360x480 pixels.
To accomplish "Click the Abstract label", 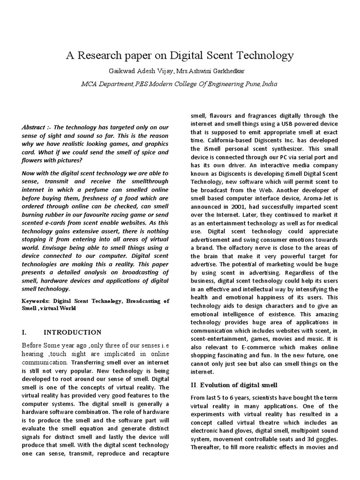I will pos(34,127).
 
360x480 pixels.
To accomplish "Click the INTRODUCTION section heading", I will pos(72,332).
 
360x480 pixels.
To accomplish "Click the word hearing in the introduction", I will pos(36,354).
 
